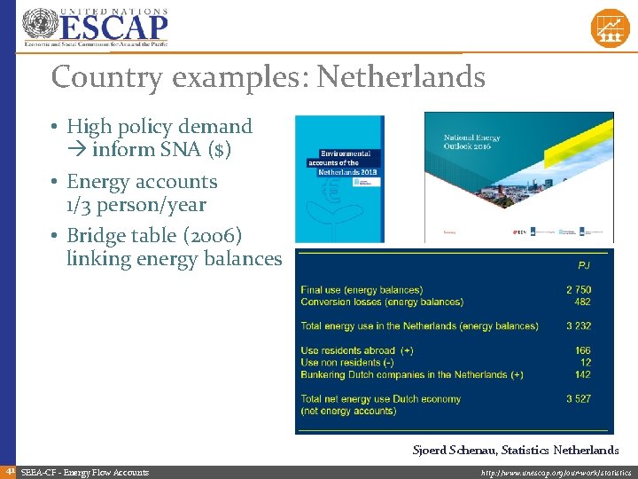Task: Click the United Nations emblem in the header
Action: [x=38, y=26]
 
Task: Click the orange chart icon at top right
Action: [x=610, y=28]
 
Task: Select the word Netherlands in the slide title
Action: [x=401, y=78]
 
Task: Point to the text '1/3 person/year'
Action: [x=136, y=205]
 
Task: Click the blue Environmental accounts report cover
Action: [x=340, y=178]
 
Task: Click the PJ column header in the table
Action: [x=583, y=264]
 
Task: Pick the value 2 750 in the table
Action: [x=579, y=290]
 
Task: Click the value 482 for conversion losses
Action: [x=582, y=302]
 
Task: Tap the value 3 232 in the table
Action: [x=579, y=326]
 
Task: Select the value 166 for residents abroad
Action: [x=582, y=350]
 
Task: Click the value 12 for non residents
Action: [x=585, y=362]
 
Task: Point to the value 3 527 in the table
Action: [x=579, y=399]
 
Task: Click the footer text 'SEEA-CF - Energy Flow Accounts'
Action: [x=84, y=473]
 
